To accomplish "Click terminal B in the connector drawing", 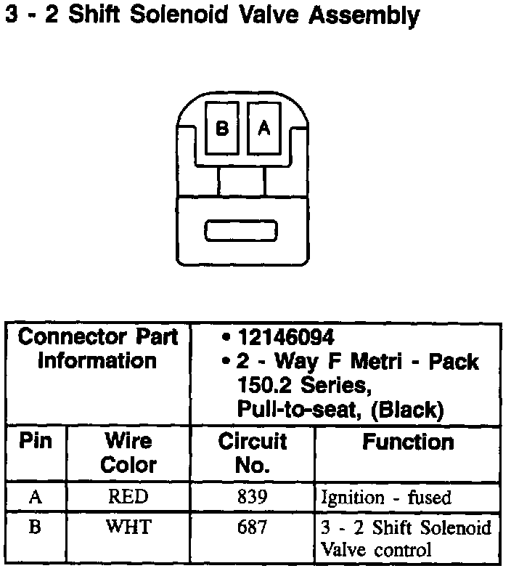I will coord(222,128).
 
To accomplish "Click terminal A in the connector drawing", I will coord(264,128).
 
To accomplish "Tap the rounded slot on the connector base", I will coord(240,231).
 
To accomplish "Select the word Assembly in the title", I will coord(364,16).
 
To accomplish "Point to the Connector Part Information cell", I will coord(97,349).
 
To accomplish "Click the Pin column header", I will coord(35,441).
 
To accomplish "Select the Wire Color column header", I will coord(128,453).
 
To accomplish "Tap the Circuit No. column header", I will coord(252,453).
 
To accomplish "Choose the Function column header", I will coord(408,442).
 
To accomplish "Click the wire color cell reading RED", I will coord(128,497).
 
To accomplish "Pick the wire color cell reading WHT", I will coord(128,527).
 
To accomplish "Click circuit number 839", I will coord(252,497).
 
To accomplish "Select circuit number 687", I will coord(252,527).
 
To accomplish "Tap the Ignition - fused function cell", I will coord(385,498).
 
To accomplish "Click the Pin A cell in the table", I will coord(35,497).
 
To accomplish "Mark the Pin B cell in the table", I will coord(35,527).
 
